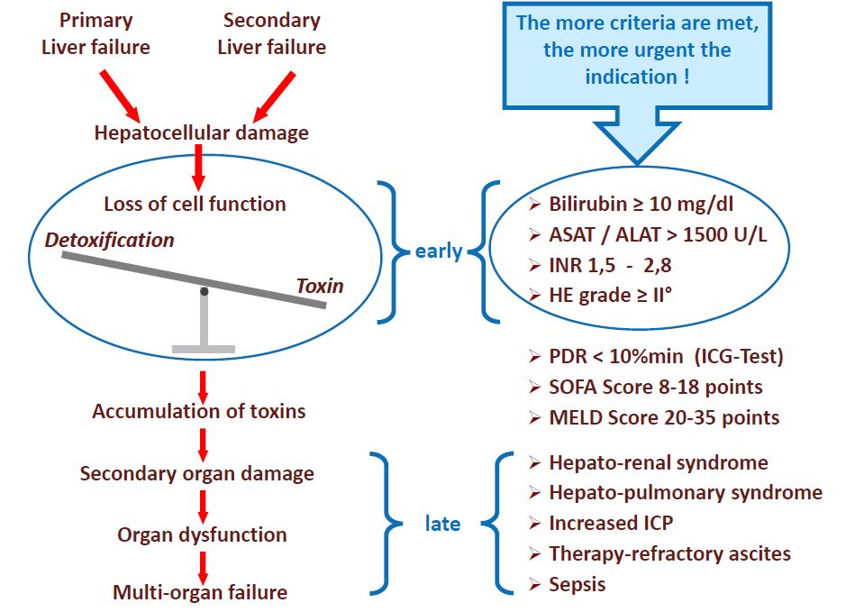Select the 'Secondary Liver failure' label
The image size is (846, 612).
pos(272,33)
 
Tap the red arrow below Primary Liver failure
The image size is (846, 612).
pos(119,95)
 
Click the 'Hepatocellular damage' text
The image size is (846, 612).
pos(201,133)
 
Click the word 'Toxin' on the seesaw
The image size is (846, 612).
pos(320,286)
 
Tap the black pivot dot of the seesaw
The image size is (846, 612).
pos(205,291)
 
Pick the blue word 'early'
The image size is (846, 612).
pos(439,251)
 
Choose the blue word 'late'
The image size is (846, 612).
pos(442,524)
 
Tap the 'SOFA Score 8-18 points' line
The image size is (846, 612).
pos(655,387)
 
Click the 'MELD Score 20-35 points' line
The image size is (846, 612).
pos(664,417)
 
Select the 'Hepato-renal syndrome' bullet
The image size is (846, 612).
pos(658,463)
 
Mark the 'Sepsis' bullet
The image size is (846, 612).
pos(577,584)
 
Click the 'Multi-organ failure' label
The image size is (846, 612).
pos(200,592)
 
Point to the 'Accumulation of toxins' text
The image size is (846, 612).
pos(199,411)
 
